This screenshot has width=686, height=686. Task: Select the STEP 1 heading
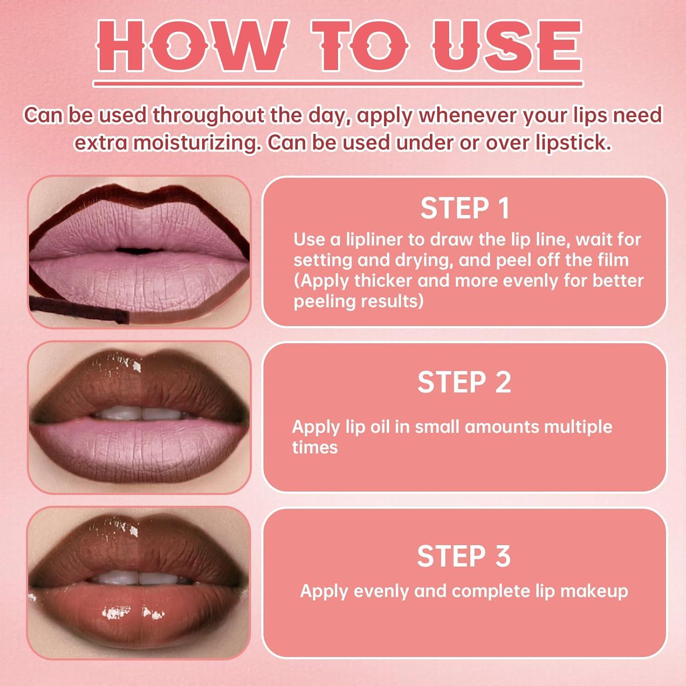(x=465, y=209)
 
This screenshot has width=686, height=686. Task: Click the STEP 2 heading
(x=464, y=382)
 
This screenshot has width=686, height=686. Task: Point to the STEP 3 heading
(x=464, y=556)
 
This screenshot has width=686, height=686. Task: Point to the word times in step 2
(x=315, y=447)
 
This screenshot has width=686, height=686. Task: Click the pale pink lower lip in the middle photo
(x=137, y=446)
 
